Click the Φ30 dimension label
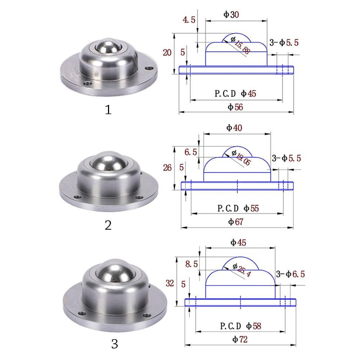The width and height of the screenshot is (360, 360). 231,14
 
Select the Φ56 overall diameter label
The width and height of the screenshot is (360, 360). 236,107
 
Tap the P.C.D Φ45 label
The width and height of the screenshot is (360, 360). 235,94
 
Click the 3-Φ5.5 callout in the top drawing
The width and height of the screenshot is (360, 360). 284,43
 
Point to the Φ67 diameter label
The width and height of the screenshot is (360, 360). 236,222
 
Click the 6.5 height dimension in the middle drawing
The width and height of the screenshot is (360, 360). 190,152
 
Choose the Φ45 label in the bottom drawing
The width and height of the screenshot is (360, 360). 238,243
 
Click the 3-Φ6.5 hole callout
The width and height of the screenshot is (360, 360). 290,274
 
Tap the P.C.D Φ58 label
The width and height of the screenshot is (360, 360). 240,326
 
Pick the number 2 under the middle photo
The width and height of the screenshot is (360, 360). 108,225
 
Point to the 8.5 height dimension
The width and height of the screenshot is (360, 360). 192,264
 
